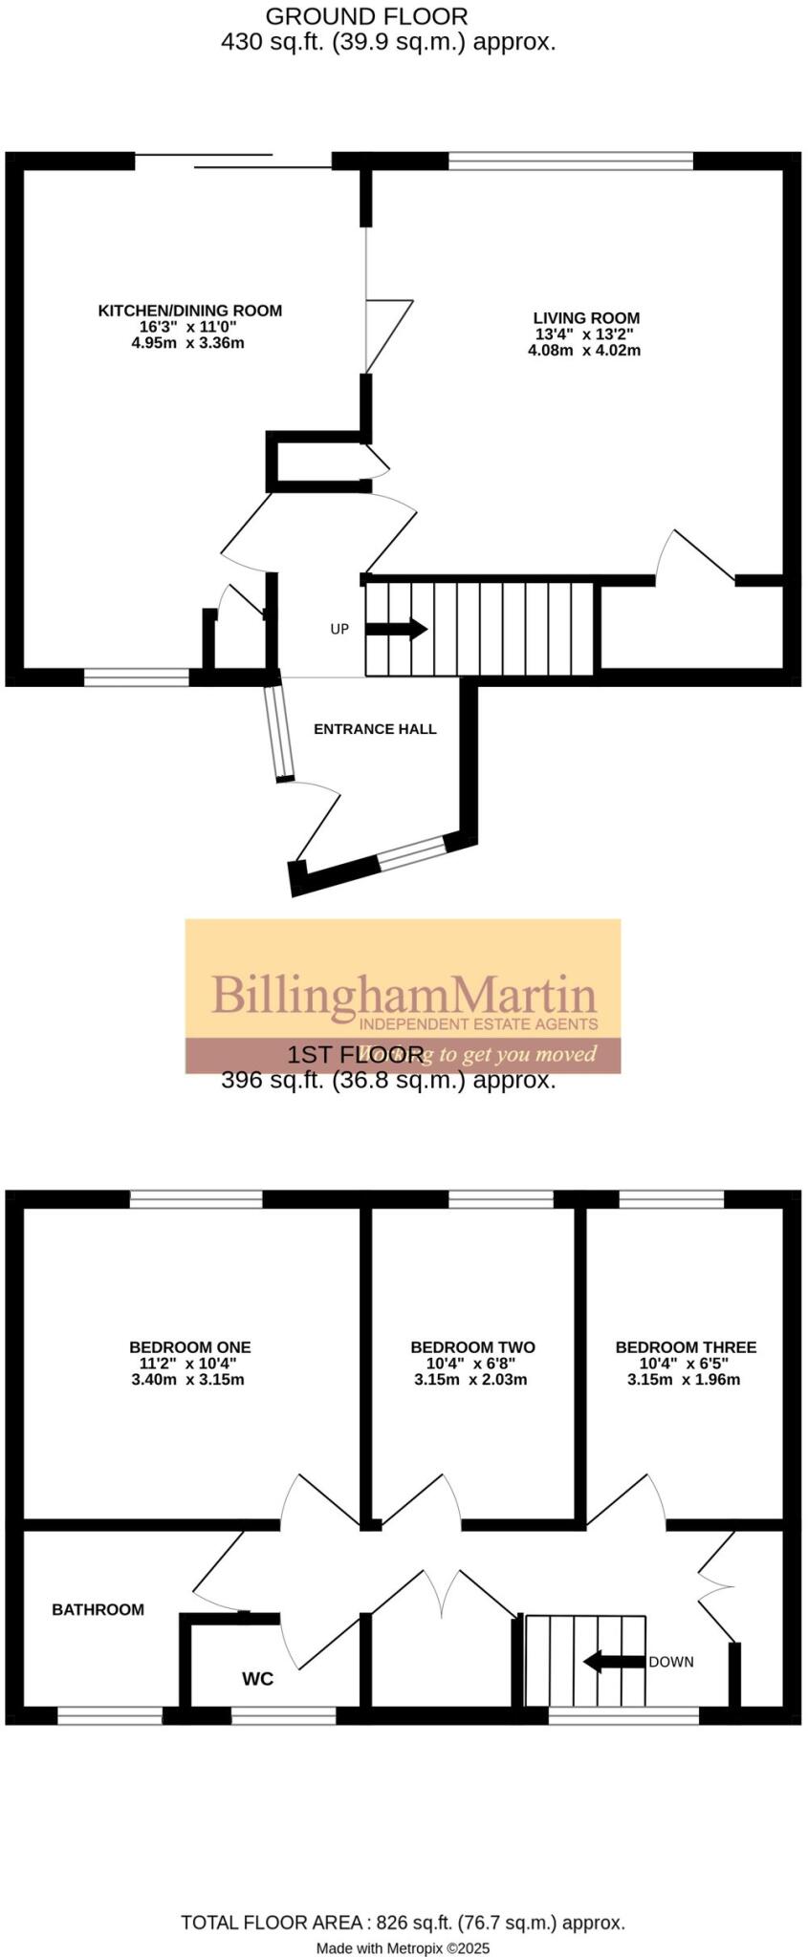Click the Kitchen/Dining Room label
click(189, 311)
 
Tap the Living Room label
click(586, 318)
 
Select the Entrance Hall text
click(375, 729)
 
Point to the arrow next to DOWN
click(613, 1661)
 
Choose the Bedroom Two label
click(472, 1347)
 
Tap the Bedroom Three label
click(686, 1347)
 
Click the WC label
click(257, 1679)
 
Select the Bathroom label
click(98, 1609)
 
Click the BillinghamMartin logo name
click(404, 995)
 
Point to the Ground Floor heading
click(366, 16)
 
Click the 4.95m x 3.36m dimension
click(188, 342)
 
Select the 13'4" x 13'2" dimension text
click(584, 334)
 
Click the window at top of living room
click(571, 161)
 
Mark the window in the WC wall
click(283, 1716)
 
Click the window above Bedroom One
click(196, 1199)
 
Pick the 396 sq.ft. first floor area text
click(388, 1081)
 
